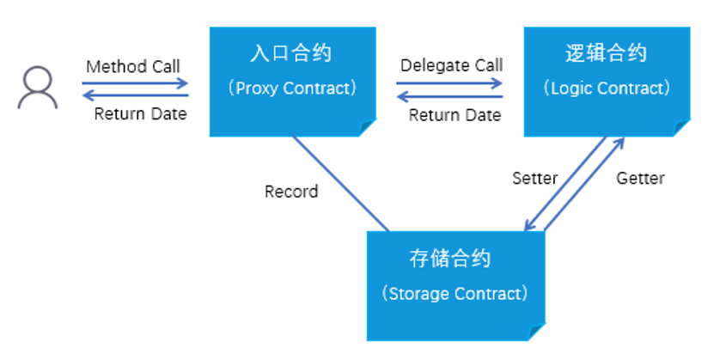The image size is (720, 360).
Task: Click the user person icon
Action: pyautogui.click(x=38, y=88)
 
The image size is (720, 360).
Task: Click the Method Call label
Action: pyautogui.click(x=133, y=66)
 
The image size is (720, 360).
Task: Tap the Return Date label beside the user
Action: pyautogui.click(x=140, y=113)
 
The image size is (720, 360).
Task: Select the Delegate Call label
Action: pyautogui.click(x=451, y=65)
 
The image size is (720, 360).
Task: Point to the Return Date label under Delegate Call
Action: pyautogui.click(x=455, y=115)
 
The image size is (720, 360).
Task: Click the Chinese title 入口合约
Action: pyautogui.click(x=291, y=53)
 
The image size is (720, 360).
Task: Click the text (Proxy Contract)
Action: pyautogui.click(x=291, y=88)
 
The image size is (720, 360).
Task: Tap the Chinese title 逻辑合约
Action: pyautogui.click(x=607, y=53)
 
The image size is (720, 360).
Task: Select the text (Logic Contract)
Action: pyautogui.click(x=607, y=88)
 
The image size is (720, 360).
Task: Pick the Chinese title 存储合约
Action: pyautogui.click(x=450, y=259)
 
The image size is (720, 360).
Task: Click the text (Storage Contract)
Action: pyautogui.click(x=454, y=294)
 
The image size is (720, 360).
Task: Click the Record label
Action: pyautogui.click(x=291, y=191)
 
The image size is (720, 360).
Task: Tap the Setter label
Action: pyautogui.click(x=534, y=179)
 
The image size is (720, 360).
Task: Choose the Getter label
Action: pyautogui.click(x=640, y=179)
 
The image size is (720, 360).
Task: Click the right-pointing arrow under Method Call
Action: pyautogui.click(x=135, y=83)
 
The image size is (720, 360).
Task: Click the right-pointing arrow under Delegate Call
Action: pyautogui.click(x=449, y=83)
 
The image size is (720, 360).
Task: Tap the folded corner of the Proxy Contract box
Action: pyautogui.click(x=368, y=128)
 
